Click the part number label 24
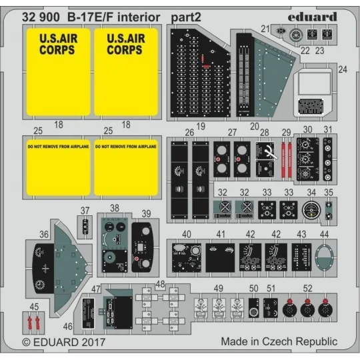point(343,69)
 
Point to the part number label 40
point(187,234)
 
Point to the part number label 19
point(201,125)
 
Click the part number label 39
point(147,213)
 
